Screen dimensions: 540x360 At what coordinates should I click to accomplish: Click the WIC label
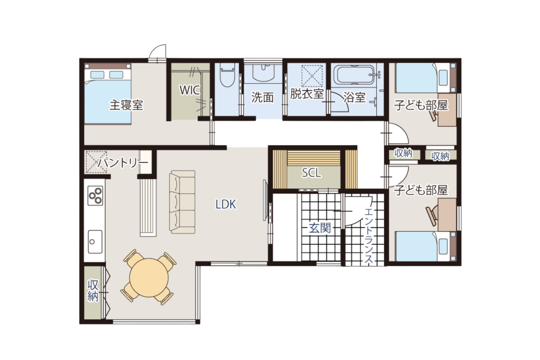coord(190,90)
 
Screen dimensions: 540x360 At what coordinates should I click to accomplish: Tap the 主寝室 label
coord(126,105)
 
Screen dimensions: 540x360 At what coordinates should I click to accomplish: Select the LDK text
coord(226,204)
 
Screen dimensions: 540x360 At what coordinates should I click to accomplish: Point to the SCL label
coord(311,172)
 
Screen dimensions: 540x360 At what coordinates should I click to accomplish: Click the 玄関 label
coord(320,228)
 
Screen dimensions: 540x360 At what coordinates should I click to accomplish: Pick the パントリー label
coord(122,163)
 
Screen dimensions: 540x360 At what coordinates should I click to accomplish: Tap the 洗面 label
coord(262,97)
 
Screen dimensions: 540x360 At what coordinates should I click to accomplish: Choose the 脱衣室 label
coord(307,94)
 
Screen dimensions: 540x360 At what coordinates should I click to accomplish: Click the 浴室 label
coord(354,97)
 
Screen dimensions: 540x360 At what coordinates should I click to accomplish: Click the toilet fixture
coord(227,75)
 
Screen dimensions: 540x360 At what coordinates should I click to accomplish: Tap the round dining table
coord(149,278)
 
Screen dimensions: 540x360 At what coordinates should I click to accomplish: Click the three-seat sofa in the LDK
coord(182,202)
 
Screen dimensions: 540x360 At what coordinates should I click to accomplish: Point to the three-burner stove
coord(95,195)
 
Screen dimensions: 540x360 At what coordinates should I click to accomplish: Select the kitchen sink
coord(95,242)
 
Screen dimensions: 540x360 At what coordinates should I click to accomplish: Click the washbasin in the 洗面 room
coord(263,73)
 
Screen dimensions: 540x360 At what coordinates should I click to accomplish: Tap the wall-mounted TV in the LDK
coord(265,200)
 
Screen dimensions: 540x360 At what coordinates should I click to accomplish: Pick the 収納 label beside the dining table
coord(93,290)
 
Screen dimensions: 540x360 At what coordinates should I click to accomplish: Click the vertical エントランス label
coord(368,236)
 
